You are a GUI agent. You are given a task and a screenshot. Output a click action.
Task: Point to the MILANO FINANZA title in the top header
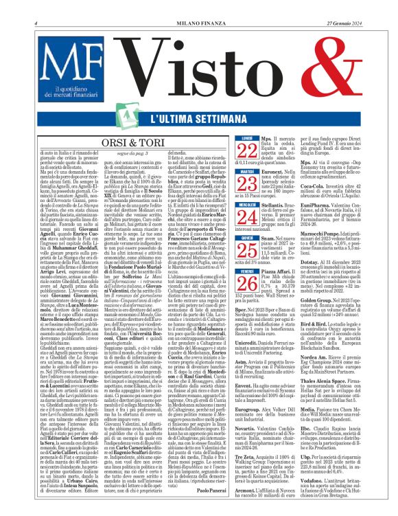click(x=199, y=5)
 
